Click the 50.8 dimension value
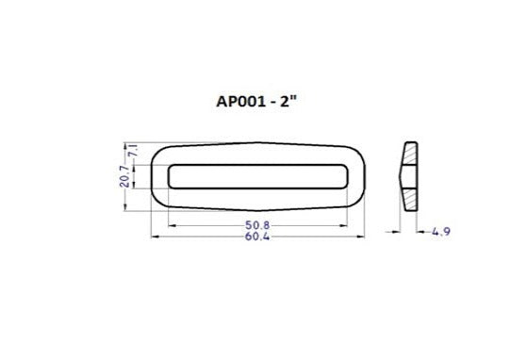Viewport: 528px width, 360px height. click(259, 226)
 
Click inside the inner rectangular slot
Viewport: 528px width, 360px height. click(259, 175)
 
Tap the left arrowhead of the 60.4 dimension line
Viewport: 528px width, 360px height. click(153, 236)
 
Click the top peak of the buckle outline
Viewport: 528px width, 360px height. click(259, 142)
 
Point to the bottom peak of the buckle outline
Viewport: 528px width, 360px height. click(259, 209)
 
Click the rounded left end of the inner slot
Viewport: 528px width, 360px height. click(170, 175)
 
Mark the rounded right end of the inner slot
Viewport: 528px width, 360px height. click(349, 175)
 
